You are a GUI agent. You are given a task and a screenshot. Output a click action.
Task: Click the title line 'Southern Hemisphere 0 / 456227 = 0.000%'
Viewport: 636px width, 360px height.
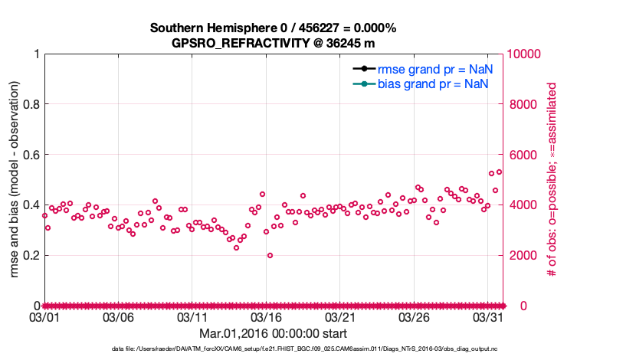273,28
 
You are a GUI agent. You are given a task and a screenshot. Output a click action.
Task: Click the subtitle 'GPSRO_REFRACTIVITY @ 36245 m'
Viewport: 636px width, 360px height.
273,43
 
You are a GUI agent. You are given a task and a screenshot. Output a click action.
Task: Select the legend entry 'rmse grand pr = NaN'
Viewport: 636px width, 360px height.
434,68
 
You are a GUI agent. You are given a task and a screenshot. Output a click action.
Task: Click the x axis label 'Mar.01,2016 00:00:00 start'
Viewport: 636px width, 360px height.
273,334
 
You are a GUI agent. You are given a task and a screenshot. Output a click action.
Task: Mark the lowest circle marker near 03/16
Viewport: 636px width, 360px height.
270,256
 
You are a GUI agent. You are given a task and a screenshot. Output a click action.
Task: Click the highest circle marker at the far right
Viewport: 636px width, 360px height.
499,172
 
